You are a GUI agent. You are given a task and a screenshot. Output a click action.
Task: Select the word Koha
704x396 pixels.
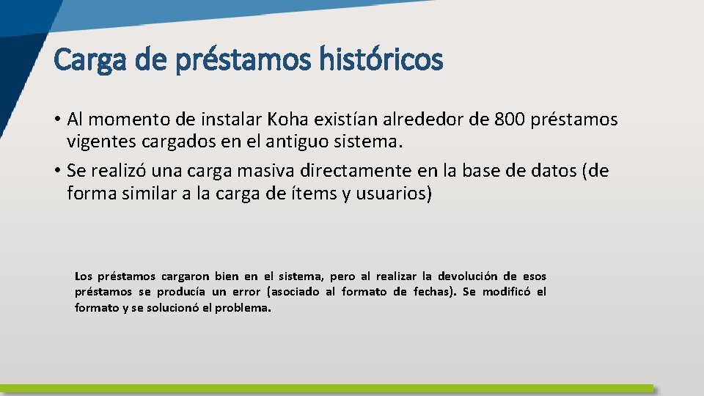point(291,119)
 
